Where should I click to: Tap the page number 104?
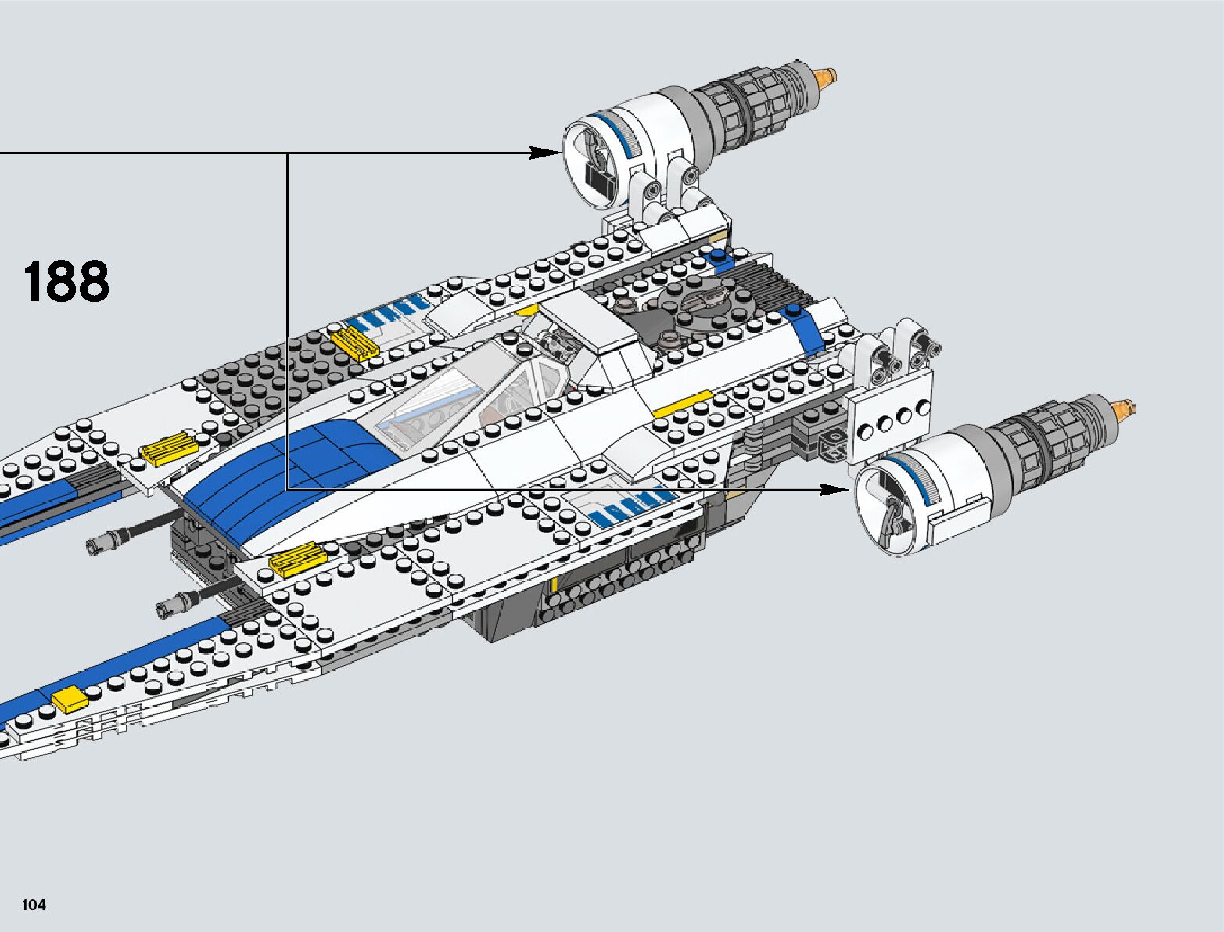[34, 905]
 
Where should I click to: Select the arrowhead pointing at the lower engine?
[835, 490]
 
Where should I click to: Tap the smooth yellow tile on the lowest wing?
[68, 698]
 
